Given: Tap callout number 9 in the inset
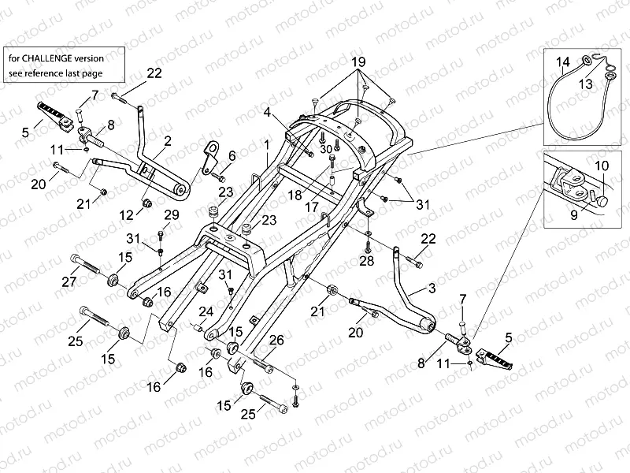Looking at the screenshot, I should tap(573, 212).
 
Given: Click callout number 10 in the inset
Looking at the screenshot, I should tap(601, 166).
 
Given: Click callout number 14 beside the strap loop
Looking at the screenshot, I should tap(562, 61).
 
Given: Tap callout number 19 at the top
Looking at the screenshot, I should tap(358, 61).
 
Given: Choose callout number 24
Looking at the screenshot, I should tap(206, 311).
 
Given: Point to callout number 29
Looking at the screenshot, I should tap(170, 215).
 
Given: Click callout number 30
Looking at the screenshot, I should tap(326, 149).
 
